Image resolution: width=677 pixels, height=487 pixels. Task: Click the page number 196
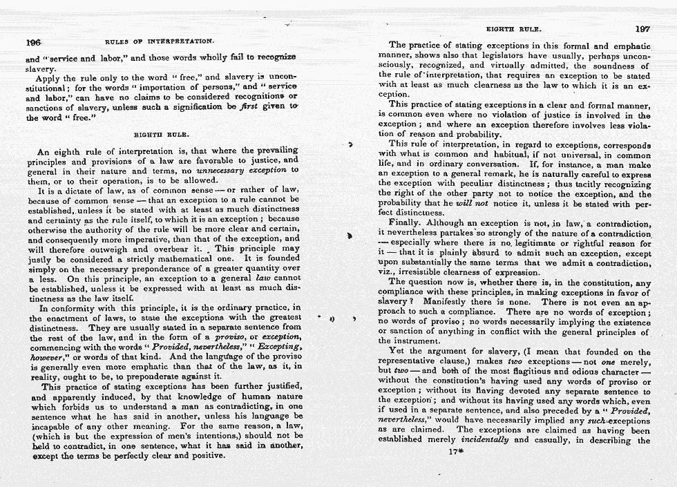[x=33, y=41]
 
